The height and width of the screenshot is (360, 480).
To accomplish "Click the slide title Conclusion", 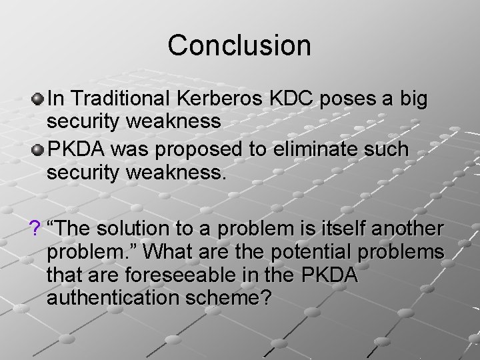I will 239,45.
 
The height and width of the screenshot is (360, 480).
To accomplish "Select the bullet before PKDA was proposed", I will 38,149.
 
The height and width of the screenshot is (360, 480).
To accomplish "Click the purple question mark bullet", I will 35,228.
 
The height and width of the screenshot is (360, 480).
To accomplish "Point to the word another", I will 408,228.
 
